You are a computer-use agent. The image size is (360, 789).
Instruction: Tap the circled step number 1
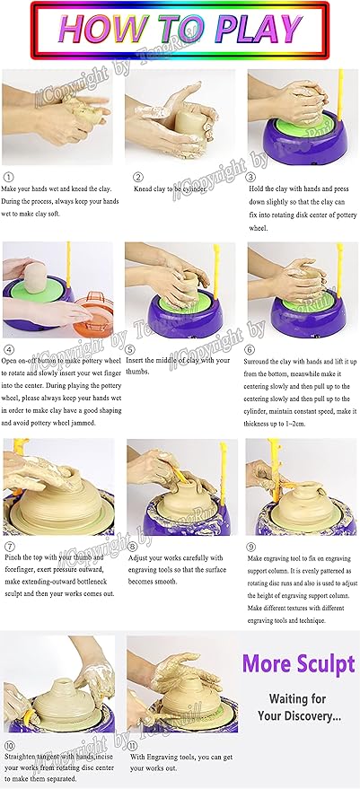coord(9,178)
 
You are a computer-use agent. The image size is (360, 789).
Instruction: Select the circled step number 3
coord(253,178)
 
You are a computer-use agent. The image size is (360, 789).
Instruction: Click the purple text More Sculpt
coord(298,665)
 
